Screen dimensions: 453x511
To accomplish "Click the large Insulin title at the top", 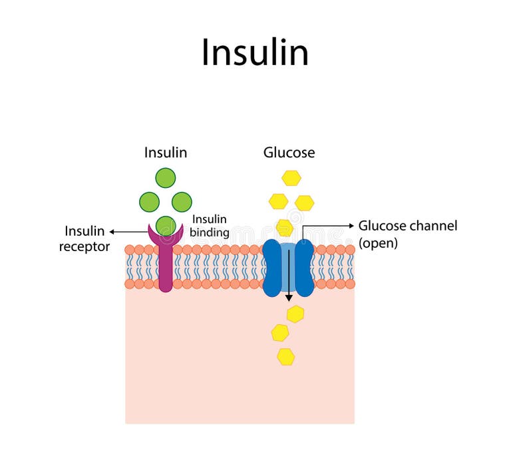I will click(x=255, y=52).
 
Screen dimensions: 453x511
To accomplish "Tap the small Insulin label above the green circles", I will click(x=166, y=153).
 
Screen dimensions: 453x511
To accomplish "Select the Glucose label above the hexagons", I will click(x=289, y=153).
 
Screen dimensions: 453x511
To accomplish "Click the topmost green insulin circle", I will click(x=166, y=178).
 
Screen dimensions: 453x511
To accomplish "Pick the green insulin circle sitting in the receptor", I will click(x=166, y=225).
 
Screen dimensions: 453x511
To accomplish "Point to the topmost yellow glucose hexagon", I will click(x=291, y=178).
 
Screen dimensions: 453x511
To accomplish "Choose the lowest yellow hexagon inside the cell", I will click(x=286, y=357).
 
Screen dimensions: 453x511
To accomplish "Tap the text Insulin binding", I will click(x=210, y=226).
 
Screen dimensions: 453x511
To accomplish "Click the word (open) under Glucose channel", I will click(x=378, y=243).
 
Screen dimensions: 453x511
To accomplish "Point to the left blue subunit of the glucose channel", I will click(x=272, y=268).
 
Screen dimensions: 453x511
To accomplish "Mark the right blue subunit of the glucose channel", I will click(x=305, y=268).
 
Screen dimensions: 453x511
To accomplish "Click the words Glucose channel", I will click(x=408, y=226).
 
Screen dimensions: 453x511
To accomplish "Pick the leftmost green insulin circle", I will click(x=149, y=202).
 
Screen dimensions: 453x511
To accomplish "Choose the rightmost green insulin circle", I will click(x=182, y=202).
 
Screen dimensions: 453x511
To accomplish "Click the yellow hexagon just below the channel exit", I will click(x=295, y=314).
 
